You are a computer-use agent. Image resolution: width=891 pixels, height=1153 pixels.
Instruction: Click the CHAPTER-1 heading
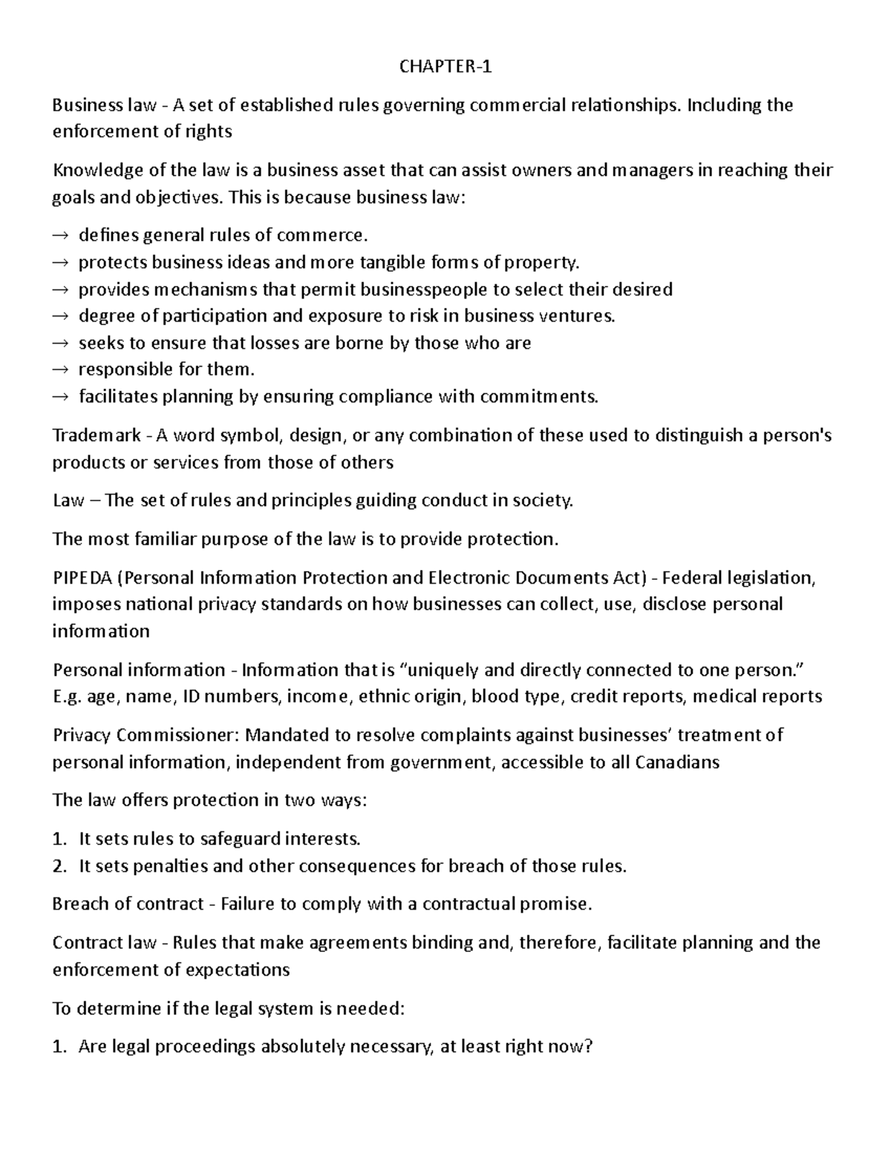coord(446,67)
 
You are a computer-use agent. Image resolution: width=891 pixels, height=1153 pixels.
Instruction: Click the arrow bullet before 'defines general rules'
coord(60,236)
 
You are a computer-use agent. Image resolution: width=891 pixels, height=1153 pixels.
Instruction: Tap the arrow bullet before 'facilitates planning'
coord(60,397)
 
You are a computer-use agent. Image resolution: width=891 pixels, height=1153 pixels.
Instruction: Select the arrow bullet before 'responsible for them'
coord(60,370)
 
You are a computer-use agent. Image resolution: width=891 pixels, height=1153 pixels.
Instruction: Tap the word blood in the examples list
coord(492,696)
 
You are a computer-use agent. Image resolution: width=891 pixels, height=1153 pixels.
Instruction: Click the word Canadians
coord(677,762)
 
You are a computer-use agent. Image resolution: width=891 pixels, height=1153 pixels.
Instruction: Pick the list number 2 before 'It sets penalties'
coord(59,866)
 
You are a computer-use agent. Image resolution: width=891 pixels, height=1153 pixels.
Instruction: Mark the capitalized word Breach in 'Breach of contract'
coord(78,904)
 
